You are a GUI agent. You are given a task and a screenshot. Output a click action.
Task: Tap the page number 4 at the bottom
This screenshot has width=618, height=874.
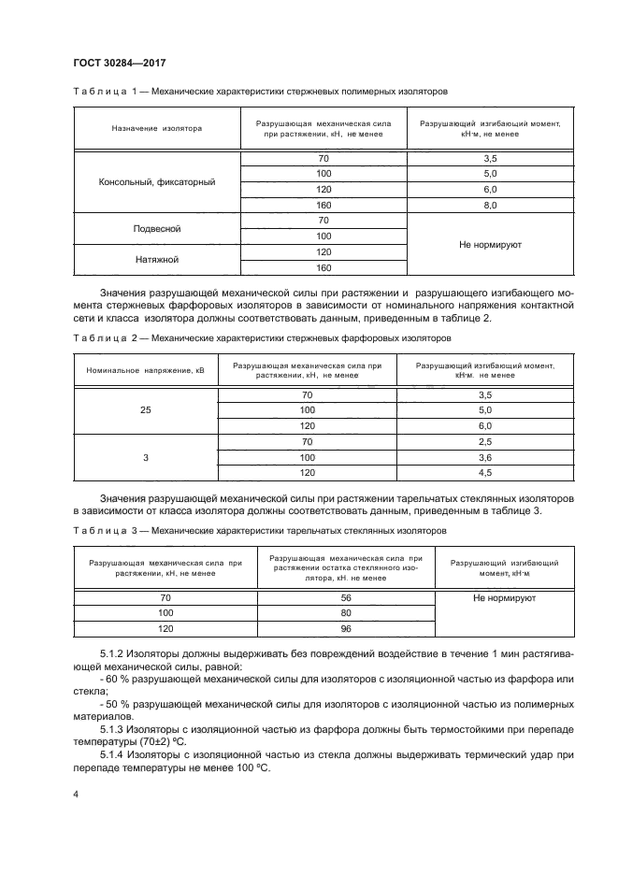pyautogui.click(x=75, y=794)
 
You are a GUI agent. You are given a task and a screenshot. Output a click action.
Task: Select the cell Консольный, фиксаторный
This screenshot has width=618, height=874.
pyautogui.click(x=157, y=182)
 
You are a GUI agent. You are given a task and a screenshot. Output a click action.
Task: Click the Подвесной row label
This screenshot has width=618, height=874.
pyautogui.click(x=157, y=229)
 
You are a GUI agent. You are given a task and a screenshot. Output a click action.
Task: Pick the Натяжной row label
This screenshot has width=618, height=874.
pyautogui.click(x=157, y=260)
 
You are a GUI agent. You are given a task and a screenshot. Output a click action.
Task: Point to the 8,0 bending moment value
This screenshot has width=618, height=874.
pyautogui.click(x=490, y=206)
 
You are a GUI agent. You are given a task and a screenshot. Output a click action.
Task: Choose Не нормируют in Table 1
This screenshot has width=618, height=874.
pyautogui.click(x=490, y=244)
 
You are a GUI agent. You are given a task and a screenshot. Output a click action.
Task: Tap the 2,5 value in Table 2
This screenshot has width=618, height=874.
pyautogui.click(x=483, y=442)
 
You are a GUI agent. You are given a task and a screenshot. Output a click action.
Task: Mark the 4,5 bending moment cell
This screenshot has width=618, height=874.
pyautogui.click(x=483, y=473)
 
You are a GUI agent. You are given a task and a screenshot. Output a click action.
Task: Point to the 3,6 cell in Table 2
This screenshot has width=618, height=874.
pyautogui.click(x=483, y=458)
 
